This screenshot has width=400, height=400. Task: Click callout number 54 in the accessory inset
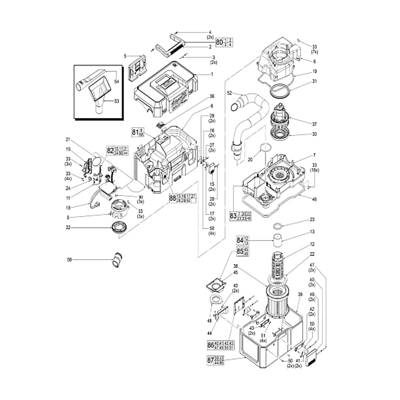point(117,82)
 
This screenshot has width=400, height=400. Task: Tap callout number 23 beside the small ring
point(312,219)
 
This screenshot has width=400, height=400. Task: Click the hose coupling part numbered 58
point(118,260)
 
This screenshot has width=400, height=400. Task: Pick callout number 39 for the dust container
point(300,294)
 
